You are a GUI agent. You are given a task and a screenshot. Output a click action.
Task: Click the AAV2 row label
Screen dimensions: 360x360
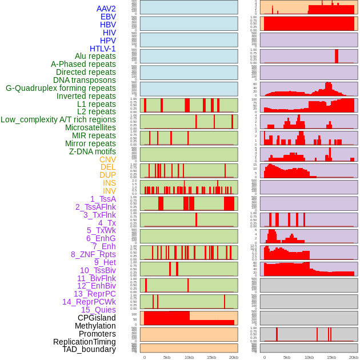coord(106,9)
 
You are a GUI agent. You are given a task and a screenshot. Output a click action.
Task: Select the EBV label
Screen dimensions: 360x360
coord(108,17)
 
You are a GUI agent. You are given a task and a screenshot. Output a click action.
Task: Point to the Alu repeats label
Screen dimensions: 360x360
coord(95,56)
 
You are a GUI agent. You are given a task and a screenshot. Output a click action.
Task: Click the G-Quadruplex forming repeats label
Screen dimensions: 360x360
coord(61,88)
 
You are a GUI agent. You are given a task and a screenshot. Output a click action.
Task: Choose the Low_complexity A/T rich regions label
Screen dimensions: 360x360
coord(58,119)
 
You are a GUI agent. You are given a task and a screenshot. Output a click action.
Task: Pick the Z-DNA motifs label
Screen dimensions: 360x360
coord(92,151)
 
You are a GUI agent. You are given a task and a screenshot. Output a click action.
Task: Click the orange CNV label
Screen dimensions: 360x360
coord(107,159)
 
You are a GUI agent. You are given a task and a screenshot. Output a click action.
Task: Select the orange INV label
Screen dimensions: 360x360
coord(109,191)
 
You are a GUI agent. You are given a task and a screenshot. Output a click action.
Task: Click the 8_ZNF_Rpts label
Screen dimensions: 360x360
coord(93,254)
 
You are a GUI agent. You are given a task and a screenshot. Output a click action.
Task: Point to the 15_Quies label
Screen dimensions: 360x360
coord(98,310)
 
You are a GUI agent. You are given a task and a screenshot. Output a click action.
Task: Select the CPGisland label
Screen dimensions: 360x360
coord(97,318)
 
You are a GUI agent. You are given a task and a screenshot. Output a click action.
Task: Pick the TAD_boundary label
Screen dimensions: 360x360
coord(89,349)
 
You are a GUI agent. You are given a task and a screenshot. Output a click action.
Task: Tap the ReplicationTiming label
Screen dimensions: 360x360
coord(85,342)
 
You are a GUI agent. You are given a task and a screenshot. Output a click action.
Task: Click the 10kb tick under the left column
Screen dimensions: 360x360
coord(189,357)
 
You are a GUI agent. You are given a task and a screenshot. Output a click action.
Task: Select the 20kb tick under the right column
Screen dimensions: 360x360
coord(354,357)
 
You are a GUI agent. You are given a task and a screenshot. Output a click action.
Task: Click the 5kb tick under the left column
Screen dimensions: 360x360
coord(167,357)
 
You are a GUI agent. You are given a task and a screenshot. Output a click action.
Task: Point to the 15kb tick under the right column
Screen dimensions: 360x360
coord(331,357)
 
